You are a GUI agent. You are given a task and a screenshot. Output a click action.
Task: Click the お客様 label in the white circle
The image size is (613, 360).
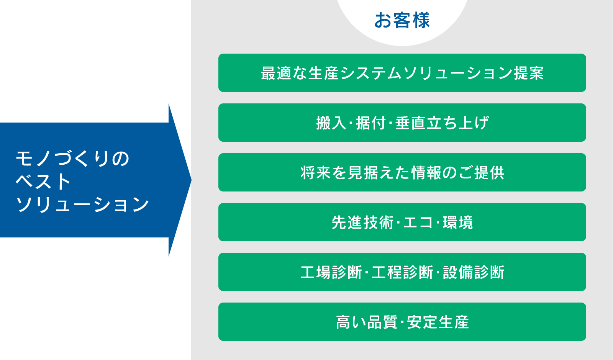(x=402, y=20)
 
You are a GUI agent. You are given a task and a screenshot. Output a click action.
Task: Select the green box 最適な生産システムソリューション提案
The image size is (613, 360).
(x=402, y=73)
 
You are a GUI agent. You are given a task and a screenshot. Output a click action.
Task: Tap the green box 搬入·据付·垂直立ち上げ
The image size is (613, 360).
(x=402, y=123)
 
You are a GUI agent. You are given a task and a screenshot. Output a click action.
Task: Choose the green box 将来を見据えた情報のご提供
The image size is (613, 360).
(x=402, y=172)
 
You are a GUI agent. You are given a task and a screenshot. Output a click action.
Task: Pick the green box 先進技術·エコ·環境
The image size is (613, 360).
(x=402, y=222)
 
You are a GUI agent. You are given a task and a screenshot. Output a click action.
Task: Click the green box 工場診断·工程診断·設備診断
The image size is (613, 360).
(x=402, y=272)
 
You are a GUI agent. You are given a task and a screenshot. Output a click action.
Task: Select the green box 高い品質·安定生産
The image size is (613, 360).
(x=402, y=322)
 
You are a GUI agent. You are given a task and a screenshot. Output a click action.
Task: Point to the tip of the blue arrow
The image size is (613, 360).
(x=191, y=180)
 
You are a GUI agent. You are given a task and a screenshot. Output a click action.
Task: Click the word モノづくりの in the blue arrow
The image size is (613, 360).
(x=72, y=159)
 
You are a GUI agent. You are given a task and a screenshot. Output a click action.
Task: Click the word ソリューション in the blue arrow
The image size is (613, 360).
(x=82, y=204)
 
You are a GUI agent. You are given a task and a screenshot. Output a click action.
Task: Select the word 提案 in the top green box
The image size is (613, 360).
(x=529, y=73)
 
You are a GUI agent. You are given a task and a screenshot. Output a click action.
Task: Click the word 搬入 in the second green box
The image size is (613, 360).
(x=331, y=123)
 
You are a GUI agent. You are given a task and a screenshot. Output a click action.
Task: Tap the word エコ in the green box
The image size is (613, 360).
(x=418, y=223)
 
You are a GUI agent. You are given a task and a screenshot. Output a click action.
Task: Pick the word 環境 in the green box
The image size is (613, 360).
(x=457, y=223)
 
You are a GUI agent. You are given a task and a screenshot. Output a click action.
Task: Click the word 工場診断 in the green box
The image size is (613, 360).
(x=331, y=272)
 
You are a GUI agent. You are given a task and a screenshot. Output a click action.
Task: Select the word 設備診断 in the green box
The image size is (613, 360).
(x=474, y=272)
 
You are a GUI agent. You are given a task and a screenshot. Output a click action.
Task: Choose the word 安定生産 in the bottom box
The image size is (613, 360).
(x=438, y=322)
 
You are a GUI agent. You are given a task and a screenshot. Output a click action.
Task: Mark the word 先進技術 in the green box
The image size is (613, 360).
(x=362, y=223)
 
